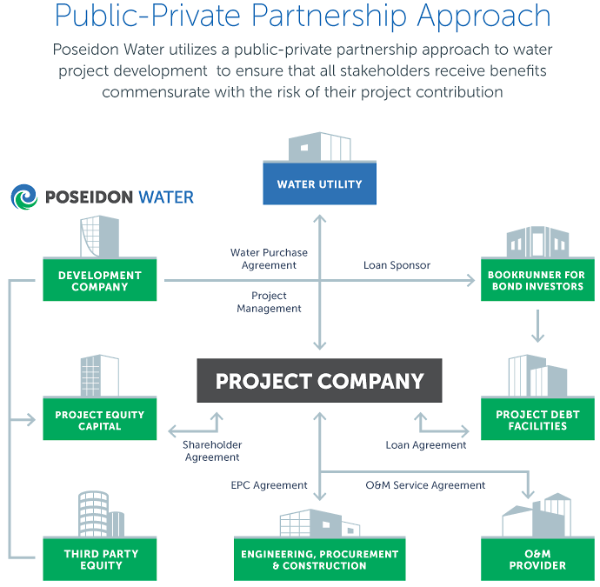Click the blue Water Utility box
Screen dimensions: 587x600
pyautogui.click(x=319, y=184)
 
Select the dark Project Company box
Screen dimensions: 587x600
pyautogui.click(x=319, y=381)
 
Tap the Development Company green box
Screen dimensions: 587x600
pyautogui.click(x=100, y=281)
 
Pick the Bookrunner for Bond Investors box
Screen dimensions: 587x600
pyautogui.click(x=537, y=281)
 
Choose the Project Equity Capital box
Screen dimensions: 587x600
pyautogui.click(x=100, y=421)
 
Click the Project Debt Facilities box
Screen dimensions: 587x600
pyautogui.click(x=537, y=421)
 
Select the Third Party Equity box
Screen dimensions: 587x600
pyautogui.click(x=100, y=559)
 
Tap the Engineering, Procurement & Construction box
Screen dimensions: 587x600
pyautogui.click(x=319, y=559)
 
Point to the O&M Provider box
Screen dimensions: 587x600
pyautogui.click(x=537, y=559)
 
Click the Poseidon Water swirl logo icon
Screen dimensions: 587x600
pyautogui.click(x=25, y=197)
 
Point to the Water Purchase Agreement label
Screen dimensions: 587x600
pyautogui.click(x=269, y=258)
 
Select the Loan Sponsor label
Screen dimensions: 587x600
pyautogui.click(x=397, y=264)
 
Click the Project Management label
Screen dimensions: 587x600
pyautogui.click(x=269, y=302)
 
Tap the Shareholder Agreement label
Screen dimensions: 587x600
pyautogui.click(x=211, y=450)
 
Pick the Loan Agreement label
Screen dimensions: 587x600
pyautogui.click(x=426, y=445)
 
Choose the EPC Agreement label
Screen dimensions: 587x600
pyautogui.click(x=269, y=485)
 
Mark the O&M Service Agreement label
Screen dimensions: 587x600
pyautogui.click(x=425, y=485)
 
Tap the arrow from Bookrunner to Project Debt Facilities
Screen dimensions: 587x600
pyautogui.click(x=537, y=327)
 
